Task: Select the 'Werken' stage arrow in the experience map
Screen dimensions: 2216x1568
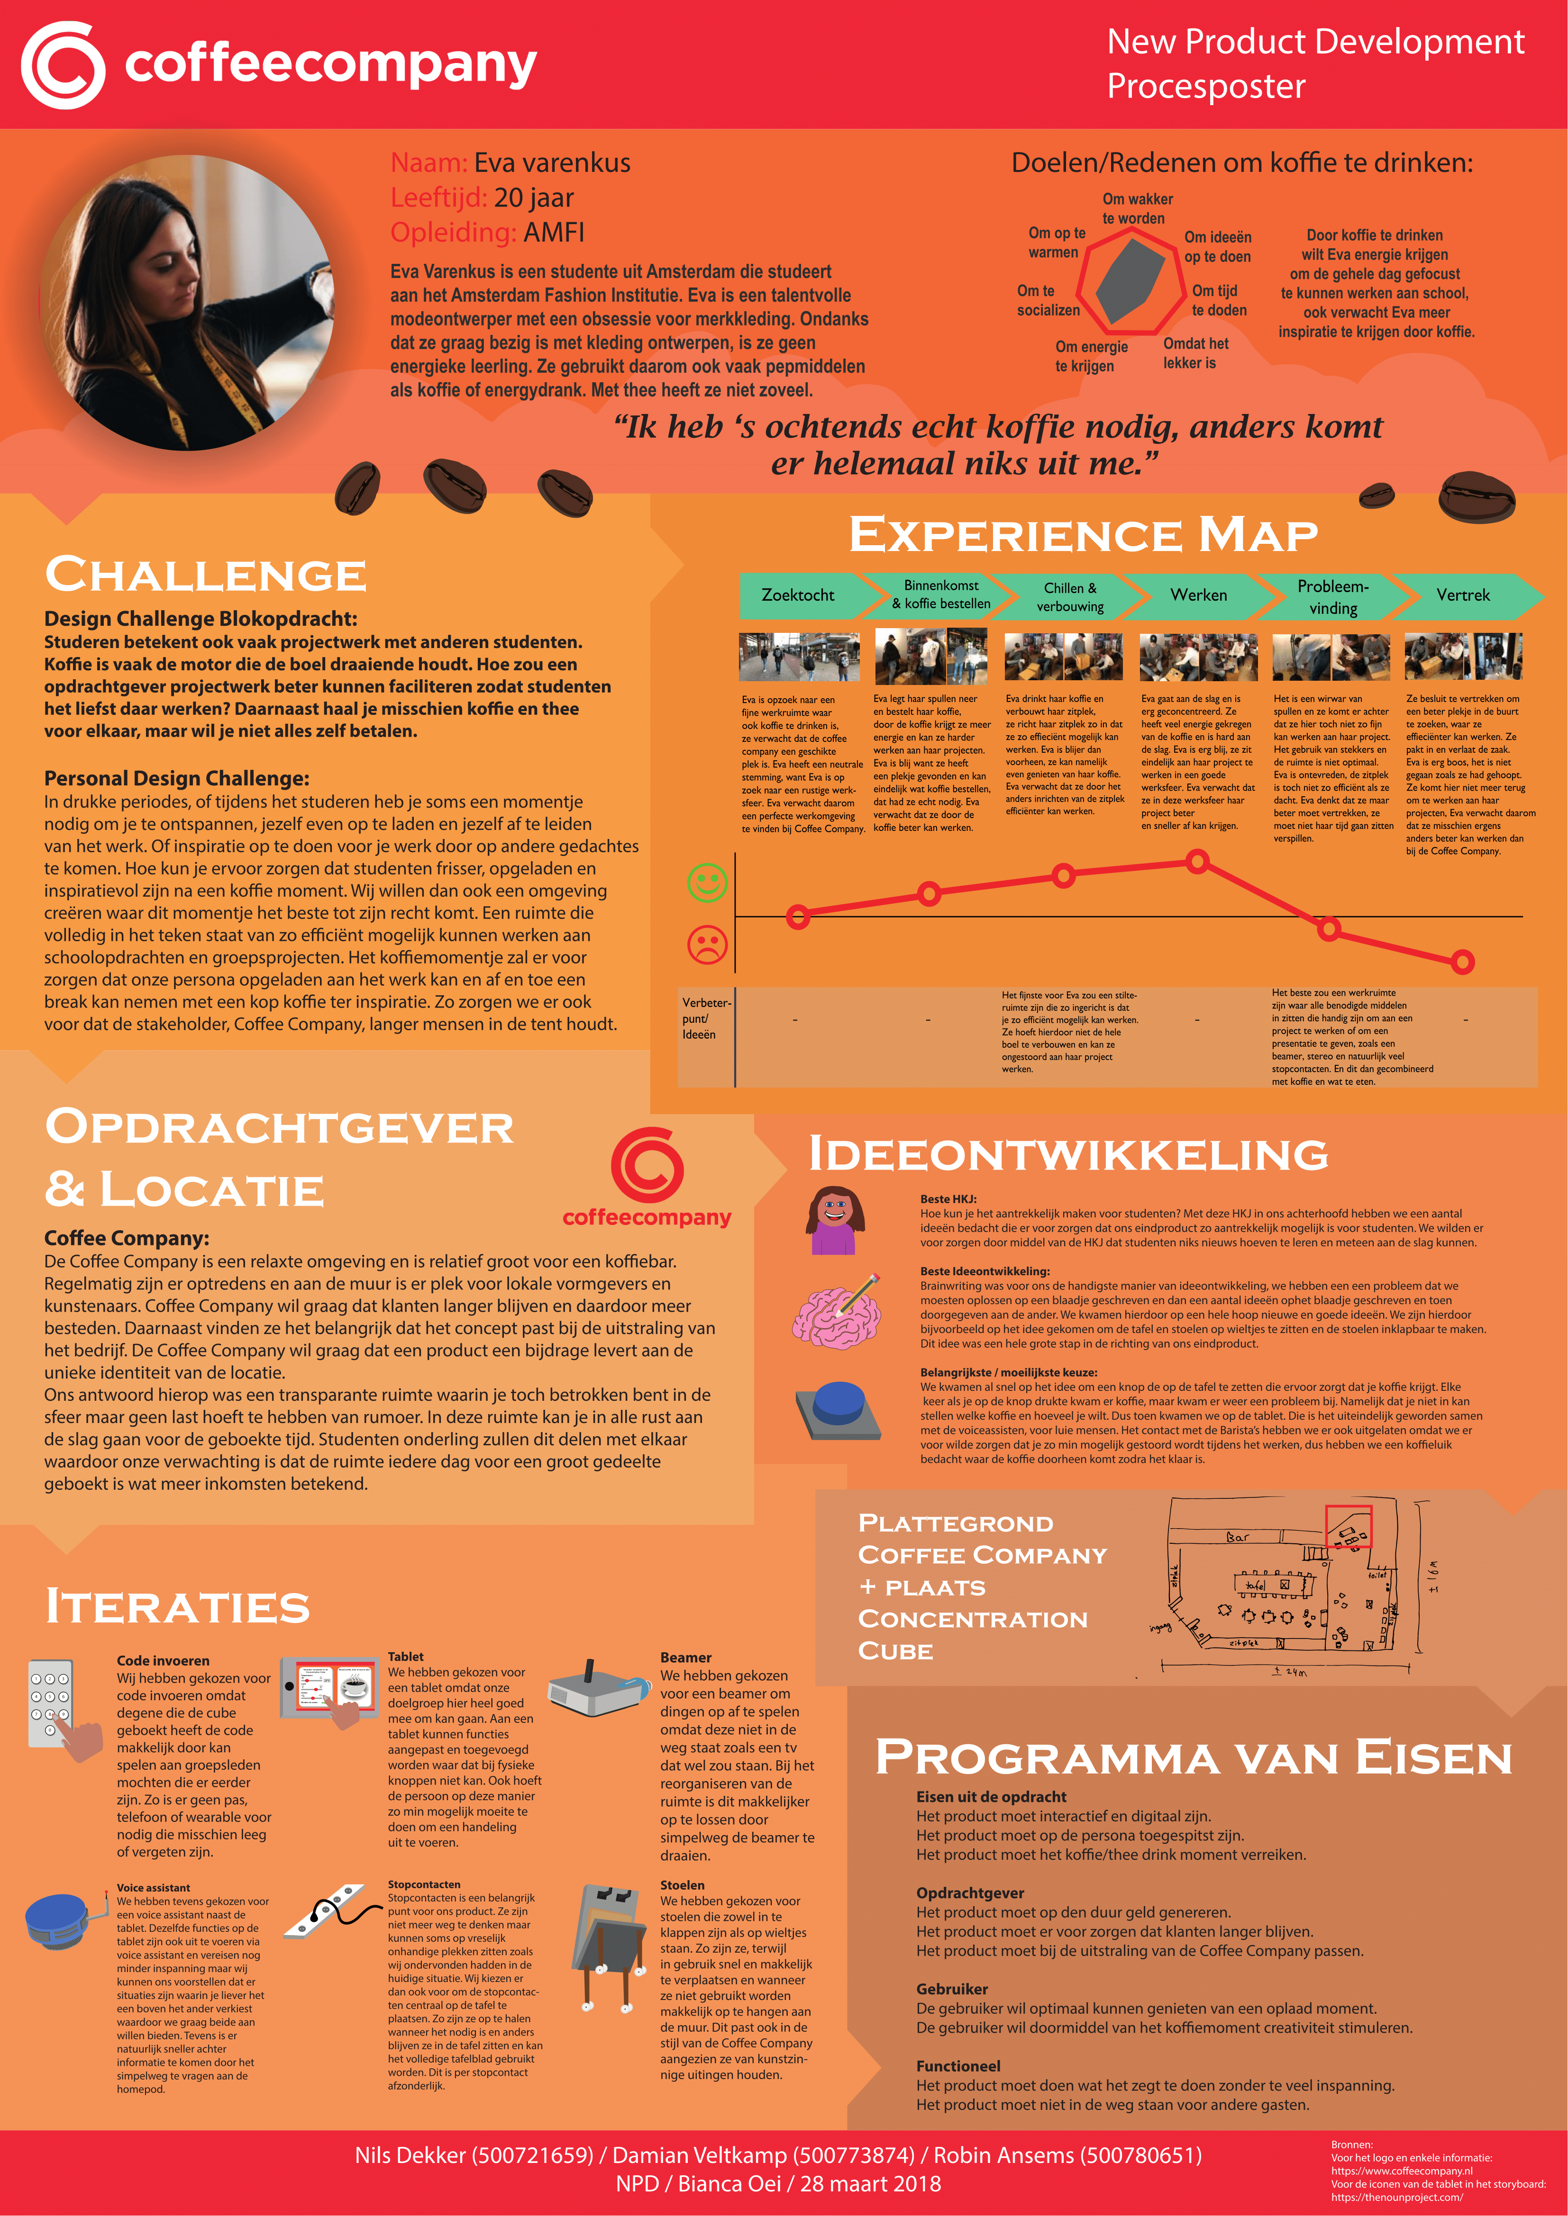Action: coord(1199,595)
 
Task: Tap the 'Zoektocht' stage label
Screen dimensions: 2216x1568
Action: coord(798,595)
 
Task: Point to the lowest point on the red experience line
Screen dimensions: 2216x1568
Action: coord(1463,961)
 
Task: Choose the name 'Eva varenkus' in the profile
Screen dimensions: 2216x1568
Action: coord(551,163)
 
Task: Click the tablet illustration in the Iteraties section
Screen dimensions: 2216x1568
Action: coord(328,1689)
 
